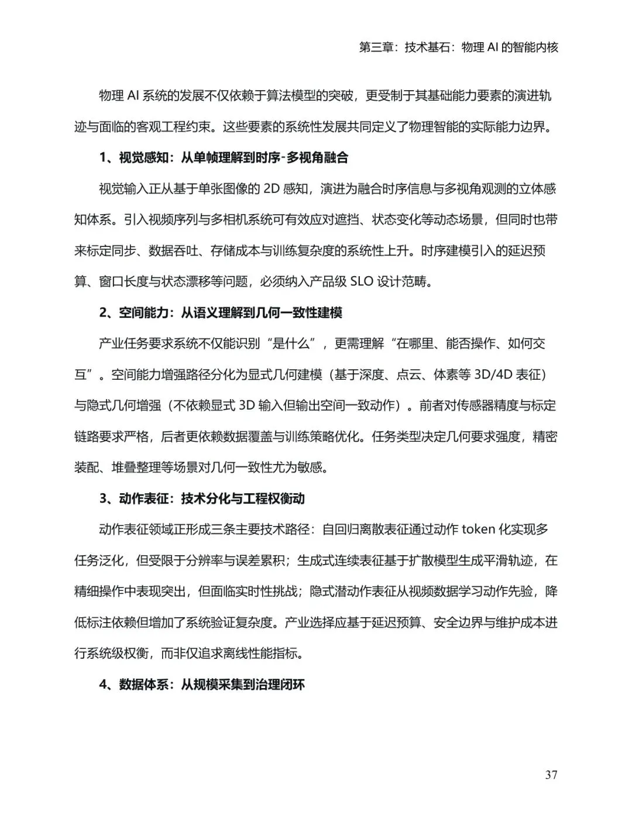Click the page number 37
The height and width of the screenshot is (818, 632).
(551, 775)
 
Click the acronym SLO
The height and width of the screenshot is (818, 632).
(360, 281)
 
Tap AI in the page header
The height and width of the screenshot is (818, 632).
(492, 47)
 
